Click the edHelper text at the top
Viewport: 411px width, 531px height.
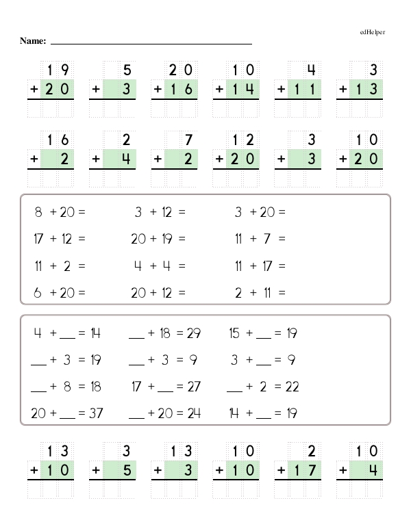coord(372,32)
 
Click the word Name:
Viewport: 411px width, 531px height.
coord(33,42)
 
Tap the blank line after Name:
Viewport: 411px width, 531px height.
coord(151,42)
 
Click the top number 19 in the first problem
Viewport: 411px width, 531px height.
coord(58,69)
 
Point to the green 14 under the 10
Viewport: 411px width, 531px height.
coord(243,89)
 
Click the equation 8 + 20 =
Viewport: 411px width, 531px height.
coord(60,213)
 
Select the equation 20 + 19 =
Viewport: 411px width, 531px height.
coord(158,239)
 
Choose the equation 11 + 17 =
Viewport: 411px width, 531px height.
coord(260,266)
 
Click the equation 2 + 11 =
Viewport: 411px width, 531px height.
coord(260,293)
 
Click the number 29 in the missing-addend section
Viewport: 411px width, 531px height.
coord(194,334)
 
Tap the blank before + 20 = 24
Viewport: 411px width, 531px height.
coord(136,415)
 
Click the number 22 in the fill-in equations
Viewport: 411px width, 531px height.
coord(292,387)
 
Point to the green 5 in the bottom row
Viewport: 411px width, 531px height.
coord(127,471)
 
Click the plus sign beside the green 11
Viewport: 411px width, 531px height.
coord(280,89)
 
